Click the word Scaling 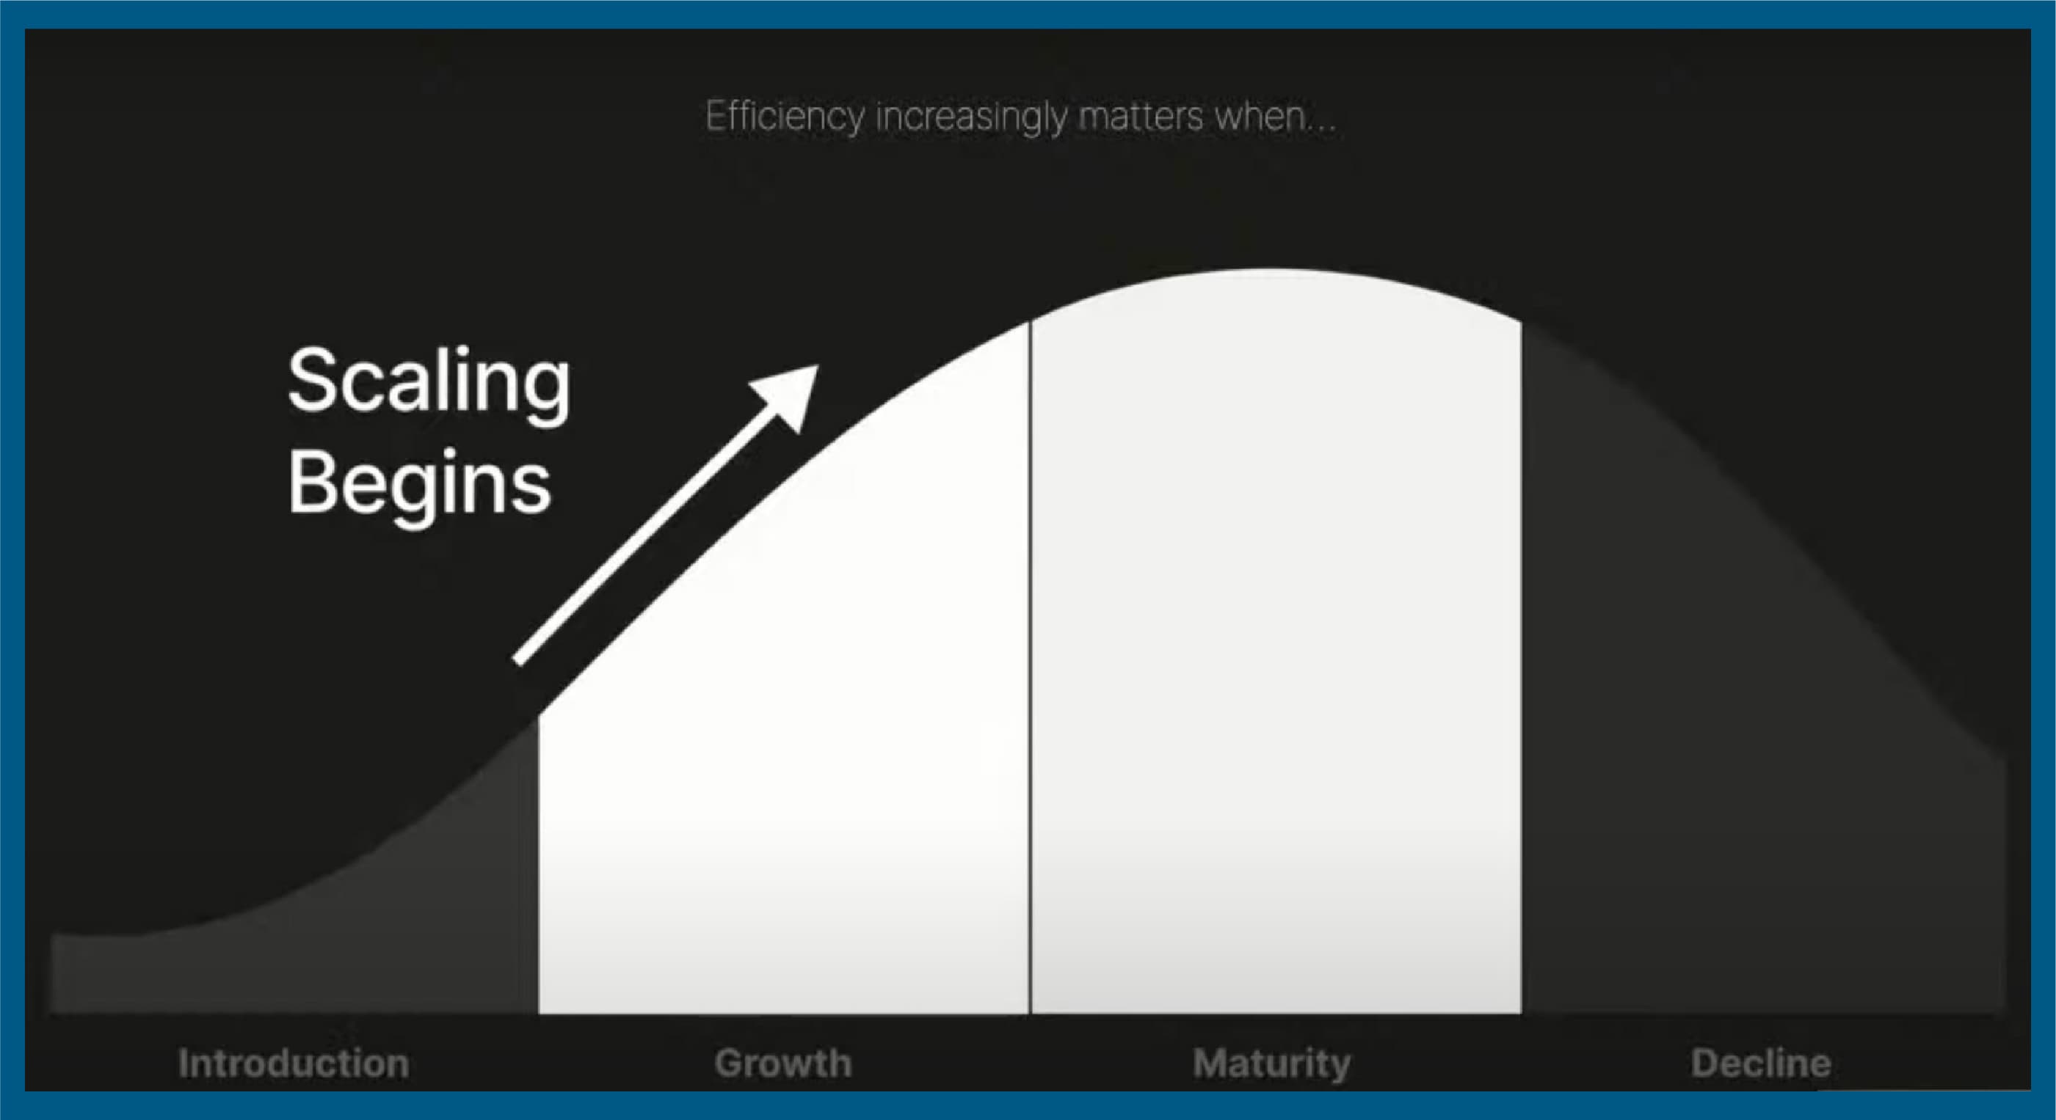(429, 384)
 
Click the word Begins (419, 484)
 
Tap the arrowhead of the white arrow (789, 395)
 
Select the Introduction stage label (294, 1064)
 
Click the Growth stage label (783, 1064)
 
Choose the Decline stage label (1761, 1064)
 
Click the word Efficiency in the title (785, 117)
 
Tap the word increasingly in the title (971, 117)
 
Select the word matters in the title (1141, 117)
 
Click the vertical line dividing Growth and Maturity (1030, 667)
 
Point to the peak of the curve (1269, 270)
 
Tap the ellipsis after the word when (1323, 130)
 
